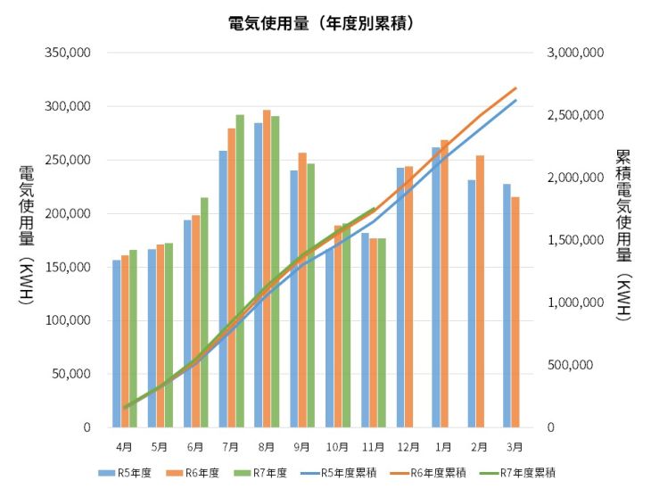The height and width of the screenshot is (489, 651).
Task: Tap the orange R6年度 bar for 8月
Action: (267, 268)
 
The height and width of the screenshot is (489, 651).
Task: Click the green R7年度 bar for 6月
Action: (204, 312)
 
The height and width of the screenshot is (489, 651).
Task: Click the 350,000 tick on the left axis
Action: (68, 54)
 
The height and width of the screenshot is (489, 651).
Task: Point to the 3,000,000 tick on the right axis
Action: (575, 54)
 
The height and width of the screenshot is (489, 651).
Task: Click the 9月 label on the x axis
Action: (301, 445)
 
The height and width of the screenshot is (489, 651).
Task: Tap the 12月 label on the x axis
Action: (408, 445)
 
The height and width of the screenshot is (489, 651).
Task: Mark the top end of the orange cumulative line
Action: (515, 88)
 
